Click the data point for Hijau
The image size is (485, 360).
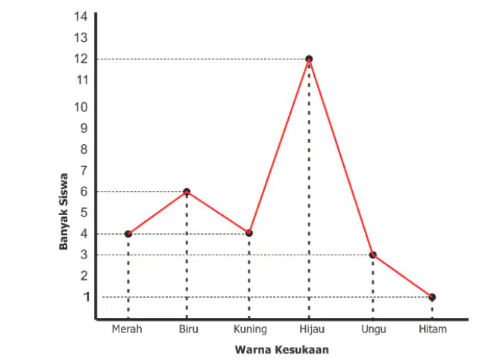click(309, 59)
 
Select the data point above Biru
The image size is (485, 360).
click(187, 192)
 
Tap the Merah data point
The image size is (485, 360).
click(128, 234)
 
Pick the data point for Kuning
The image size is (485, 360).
click(249, 233)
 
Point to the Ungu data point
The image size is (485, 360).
click(373, 255)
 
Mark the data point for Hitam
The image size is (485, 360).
click(432, 297)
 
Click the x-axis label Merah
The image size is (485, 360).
click(127, 329)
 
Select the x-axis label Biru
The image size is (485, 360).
click(188, 329)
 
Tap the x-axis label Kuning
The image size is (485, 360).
click(250, 329)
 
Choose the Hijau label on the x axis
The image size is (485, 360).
click(312, 329)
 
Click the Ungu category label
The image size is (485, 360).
click(374, 329)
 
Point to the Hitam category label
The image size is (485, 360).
click(433, 329)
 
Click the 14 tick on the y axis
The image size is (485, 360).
click(81, 16)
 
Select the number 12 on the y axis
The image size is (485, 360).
click(81, 58)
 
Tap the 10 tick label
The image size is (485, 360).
click(81, 107)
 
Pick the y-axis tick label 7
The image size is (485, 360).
click(84, 170)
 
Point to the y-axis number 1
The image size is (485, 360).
click(87, 297)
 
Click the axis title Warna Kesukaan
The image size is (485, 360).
click(282, 350)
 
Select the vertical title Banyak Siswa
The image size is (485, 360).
click(63, 211)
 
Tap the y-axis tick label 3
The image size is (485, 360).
click(84, 255)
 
